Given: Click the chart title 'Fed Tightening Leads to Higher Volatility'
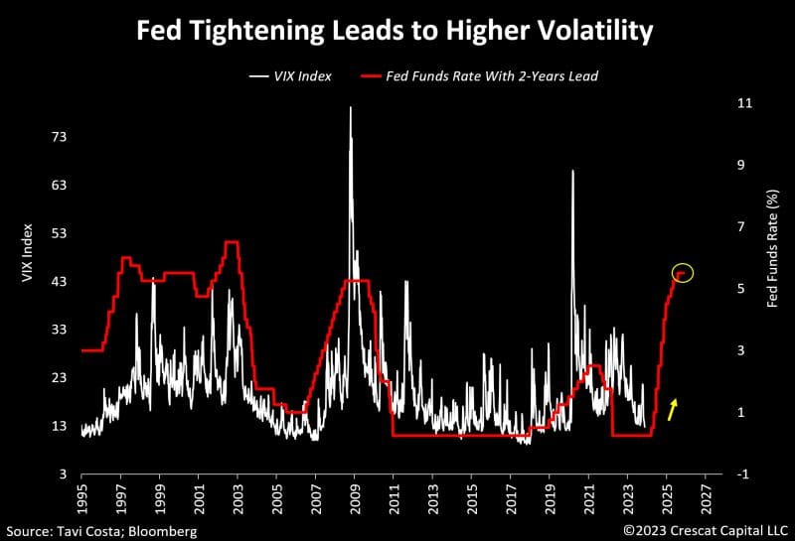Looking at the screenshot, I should pos(395,31).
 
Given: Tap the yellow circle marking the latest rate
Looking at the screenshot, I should pos(682,272).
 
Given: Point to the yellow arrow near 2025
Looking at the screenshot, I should pos(673,408).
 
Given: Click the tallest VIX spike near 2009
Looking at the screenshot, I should pos(350,108).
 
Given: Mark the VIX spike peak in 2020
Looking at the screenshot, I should pos(572,172).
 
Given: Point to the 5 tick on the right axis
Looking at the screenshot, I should pos(741,289).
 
